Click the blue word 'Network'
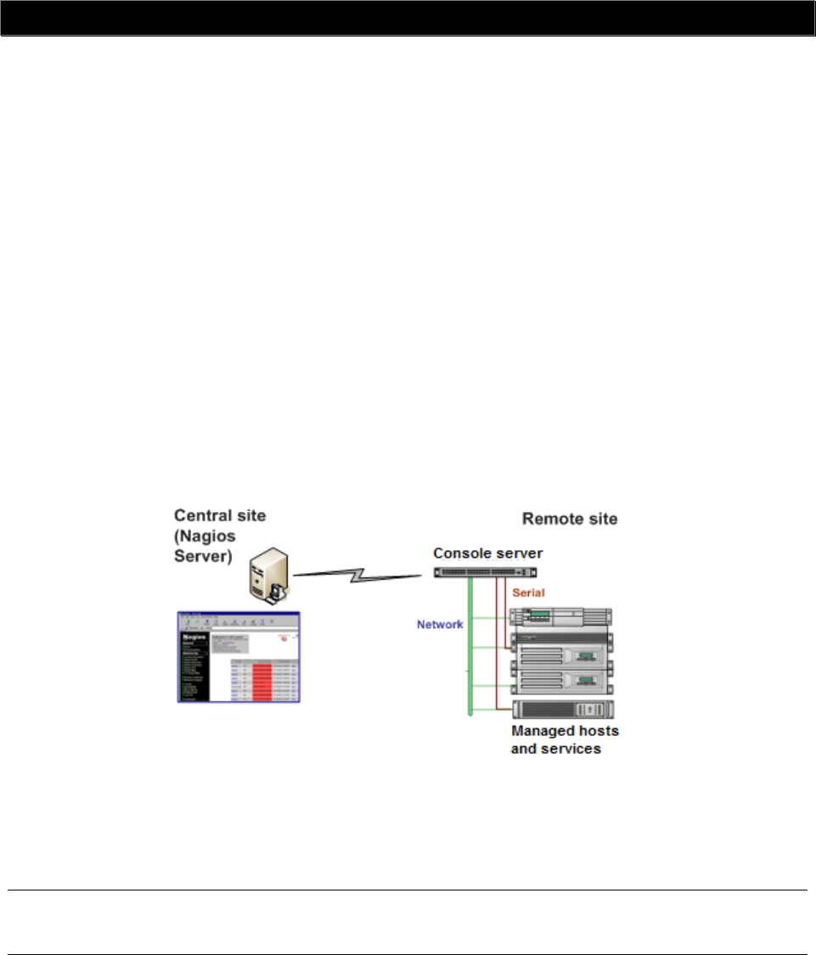click(439, 624)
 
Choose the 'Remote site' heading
click(570, 518)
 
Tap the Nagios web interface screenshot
click(239, 655)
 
